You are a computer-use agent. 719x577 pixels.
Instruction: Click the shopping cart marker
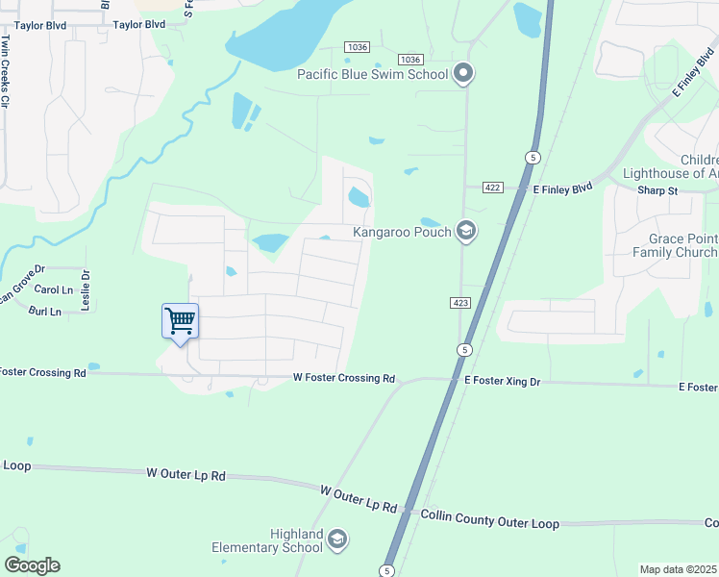tap(180, 321)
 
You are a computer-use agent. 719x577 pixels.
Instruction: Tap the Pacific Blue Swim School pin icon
tap(464, 73)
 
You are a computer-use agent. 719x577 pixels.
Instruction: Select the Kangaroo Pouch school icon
tap(465, 231)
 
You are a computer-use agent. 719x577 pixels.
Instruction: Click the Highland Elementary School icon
tap(336, 539)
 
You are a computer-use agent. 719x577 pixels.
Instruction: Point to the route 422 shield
tap(492, 188)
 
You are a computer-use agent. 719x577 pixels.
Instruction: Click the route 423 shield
tap(459, 303)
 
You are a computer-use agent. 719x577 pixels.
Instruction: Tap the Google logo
tap(32, 565)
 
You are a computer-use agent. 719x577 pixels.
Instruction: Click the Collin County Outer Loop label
tap(489, 520)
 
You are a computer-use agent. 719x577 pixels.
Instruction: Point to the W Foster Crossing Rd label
tap(344, 379)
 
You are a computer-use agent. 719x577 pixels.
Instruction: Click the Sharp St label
tap(657, 190)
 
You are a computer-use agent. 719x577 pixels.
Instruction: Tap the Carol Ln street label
tap(54, 289)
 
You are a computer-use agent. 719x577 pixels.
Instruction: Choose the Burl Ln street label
tap(45, 312)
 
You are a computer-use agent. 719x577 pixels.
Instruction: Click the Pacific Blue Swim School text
tap(372, 74)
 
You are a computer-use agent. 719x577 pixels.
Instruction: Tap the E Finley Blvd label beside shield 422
tap(563, 190)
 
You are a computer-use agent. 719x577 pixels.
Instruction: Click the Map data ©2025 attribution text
tap(678, 569)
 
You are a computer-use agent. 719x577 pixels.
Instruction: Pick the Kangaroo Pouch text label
tap(401, 232)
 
